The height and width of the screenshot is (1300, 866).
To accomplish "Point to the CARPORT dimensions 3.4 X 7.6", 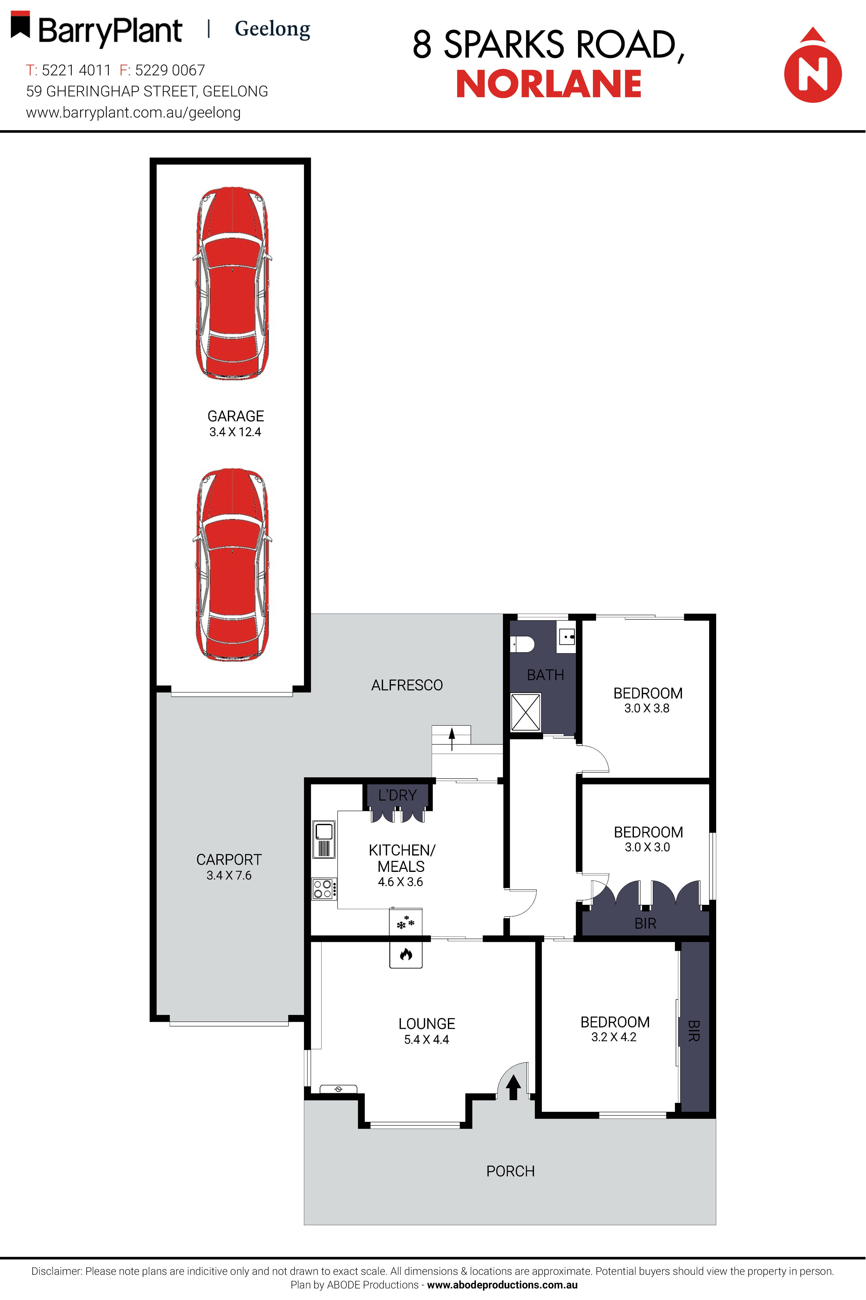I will [x=229, y=875].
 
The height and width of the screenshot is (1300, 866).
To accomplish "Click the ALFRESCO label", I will [x=407, y=685].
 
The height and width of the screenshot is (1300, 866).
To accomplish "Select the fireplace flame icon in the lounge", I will [x=406, y=954].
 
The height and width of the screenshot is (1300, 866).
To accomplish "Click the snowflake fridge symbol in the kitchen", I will [x=405, y=922].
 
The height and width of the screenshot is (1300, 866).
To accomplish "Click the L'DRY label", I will [x=397, y=795].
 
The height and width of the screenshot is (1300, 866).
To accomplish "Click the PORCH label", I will [x=510, y=1171].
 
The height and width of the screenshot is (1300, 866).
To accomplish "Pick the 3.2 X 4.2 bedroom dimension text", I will [x=614, y=1037].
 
